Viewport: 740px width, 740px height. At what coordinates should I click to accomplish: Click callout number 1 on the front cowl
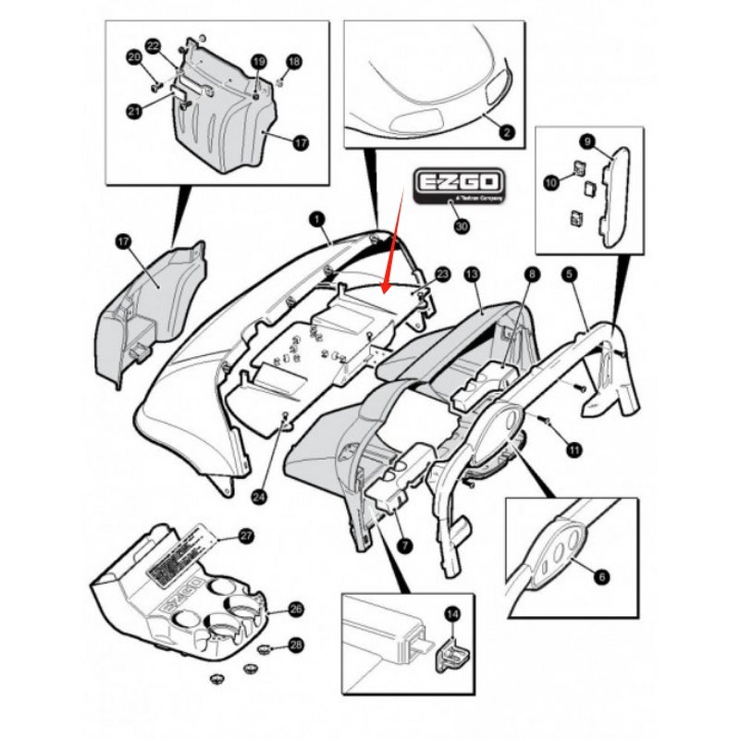point(315,219)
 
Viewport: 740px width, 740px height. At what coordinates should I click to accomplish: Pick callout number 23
point(441,275)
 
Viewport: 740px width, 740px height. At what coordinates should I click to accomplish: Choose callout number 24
point(259,496)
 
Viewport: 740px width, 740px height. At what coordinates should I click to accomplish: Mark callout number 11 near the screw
point(573,450)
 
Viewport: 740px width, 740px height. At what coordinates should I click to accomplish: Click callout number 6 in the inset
point(602,576)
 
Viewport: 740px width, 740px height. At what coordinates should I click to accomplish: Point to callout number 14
point(452,612)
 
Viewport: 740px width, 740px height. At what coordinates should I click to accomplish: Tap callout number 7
point(403,547)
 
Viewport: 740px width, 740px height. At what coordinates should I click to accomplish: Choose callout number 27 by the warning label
point(245,536)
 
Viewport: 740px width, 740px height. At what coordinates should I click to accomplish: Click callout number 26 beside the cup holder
point(296,609)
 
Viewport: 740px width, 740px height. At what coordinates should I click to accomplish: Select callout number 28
point(296,644)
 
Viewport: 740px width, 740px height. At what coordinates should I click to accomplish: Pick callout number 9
point(586,141)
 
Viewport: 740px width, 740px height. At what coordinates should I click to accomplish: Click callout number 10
point(551,184)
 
